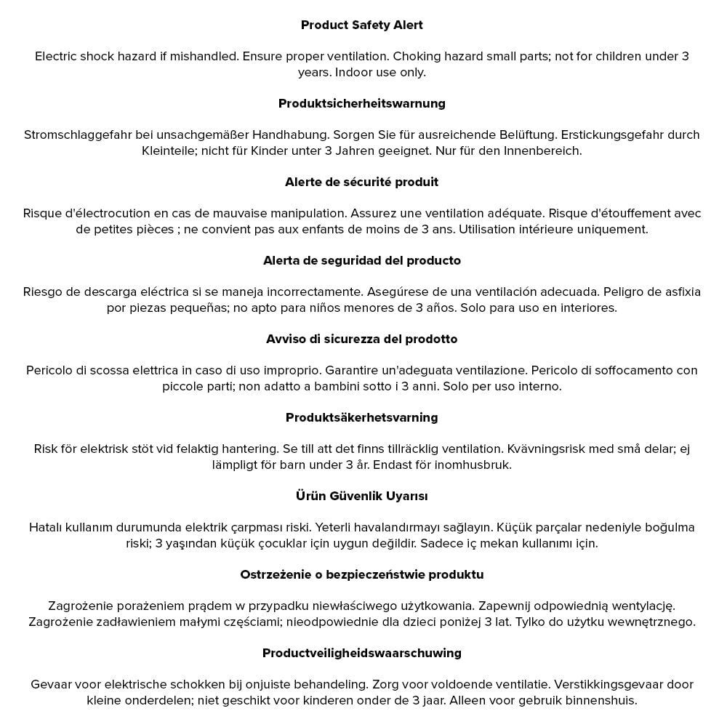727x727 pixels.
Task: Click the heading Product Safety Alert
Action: (x=361, y=25)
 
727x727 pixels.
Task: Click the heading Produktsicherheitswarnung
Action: (x=361, y=104)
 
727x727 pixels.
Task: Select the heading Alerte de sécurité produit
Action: (x=361, y=182)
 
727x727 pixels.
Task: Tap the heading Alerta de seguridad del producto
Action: (x=361, y=261)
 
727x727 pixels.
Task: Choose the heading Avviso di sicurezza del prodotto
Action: (x=361, y=340)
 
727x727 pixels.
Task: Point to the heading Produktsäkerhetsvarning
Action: (x=361, y=418)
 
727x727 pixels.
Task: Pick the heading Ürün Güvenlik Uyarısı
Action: (x=361, y=497)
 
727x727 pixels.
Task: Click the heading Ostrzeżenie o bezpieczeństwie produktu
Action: (x=361, y=575)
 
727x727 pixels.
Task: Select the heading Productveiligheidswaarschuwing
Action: (x=361, y=654)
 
